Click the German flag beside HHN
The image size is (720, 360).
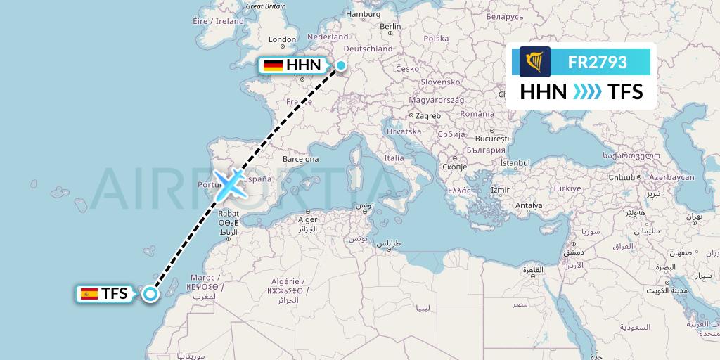[x=273, y=65]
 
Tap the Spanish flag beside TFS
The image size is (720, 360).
[x=89, y=294]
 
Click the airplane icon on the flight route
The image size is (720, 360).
[x=230, y=185]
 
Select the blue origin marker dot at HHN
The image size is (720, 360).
[x=340, y=65]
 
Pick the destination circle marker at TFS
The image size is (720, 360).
[x=150, y=294]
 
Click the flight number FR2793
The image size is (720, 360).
[x=598, y=62]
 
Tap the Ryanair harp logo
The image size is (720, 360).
[x=535, y=62]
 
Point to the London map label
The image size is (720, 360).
[x=282, y=40]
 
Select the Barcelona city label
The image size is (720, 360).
[x=300, y=159]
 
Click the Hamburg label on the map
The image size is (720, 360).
[x=363, y=14]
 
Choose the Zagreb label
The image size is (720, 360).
[x=427, y=116]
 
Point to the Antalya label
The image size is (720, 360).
[x=529, y=205]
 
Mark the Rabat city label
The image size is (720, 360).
[x=230, y=214]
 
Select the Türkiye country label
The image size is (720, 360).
[x=566, y=188]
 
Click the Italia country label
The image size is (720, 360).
[x=394, y=158]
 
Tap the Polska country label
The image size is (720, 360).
[x=437, y=39]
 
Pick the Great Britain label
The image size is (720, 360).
[x=266, y=6]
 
